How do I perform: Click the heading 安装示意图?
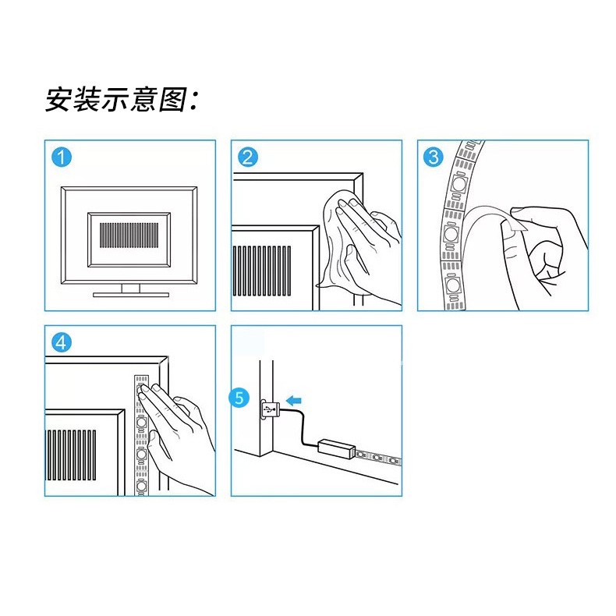122,100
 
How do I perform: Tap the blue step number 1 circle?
62,158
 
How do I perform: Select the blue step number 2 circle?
248,158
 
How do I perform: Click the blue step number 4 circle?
62,343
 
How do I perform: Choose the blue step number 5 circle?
242,398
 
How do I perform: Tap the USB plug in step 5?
269,408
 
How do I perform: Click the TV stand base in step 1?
130,294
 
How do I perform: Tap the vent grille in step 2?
262,269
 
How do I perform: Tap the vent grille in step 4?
72,455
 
